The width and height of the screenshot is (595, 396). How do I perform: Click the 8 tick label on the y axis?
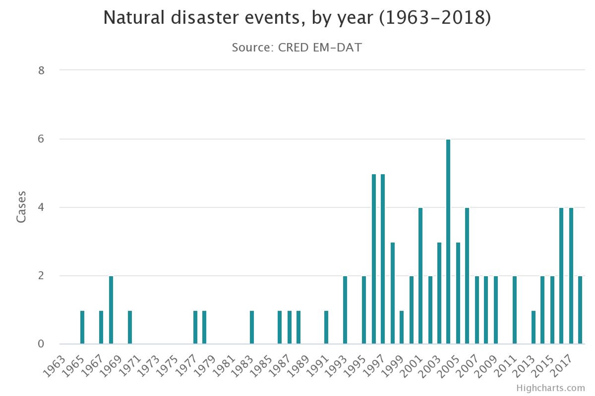41,71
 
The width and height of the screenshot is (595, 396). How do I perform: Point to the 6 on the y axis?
41,139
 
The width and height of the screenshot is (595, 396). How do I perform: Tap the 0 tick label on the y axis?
41,344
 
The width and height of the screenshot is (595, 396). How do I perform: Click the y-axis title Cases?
21,207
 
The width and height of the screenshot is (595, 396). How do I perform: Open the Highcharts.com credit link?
550,388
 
